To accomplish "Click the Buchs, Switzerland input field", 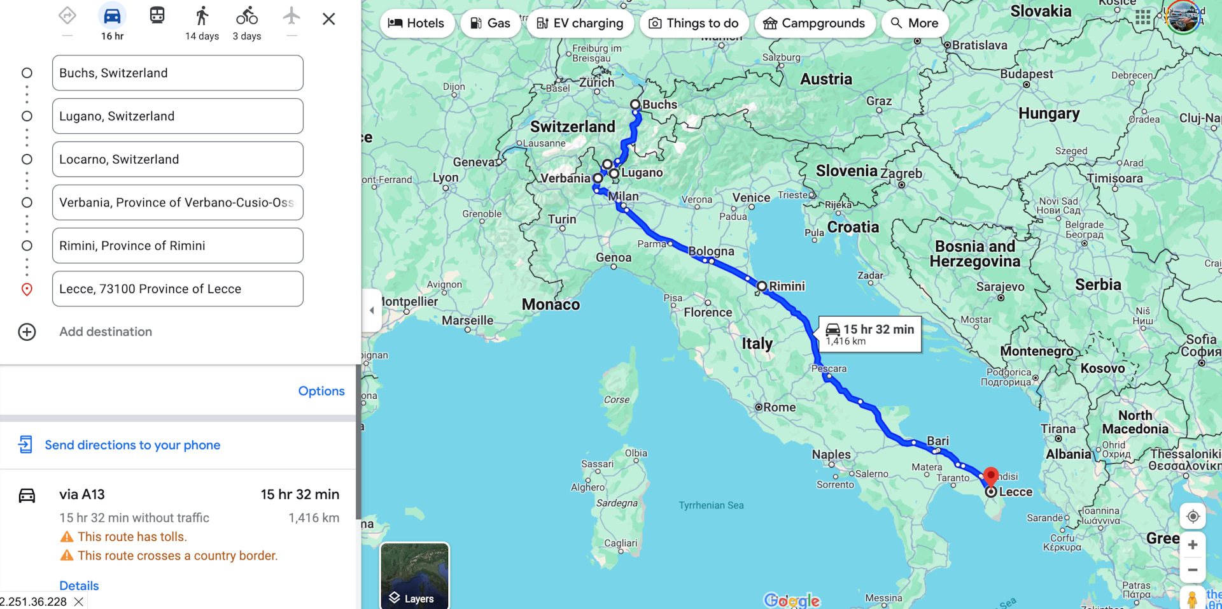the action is point(177,73).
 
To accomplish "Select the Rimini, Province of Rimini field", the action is point(177,246).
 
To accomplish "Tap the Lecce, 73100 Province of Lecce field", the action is point(177,289).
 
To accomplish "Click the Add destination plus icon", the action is point(27,332).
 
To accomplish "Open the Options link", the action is point(321,391).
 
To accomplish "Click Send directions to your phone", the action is point(132,445).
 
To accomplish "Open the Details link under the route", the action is point(79,585).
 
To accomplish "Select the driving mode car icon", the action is point(112,17).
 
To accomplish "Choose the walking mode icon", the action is point(202,17).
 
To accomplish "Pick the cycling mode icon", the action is point(247,17).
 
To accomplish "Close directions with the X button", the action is point(328,19).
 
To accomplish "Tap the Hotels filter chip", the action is point(417,24).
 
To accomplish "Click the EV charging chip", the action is point(580,24).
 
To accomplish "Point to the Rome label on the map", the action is point(779,407).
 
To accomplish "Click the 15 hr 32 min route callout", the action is point(870,334).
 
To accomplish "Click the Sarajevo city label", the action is point(1000,287).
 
